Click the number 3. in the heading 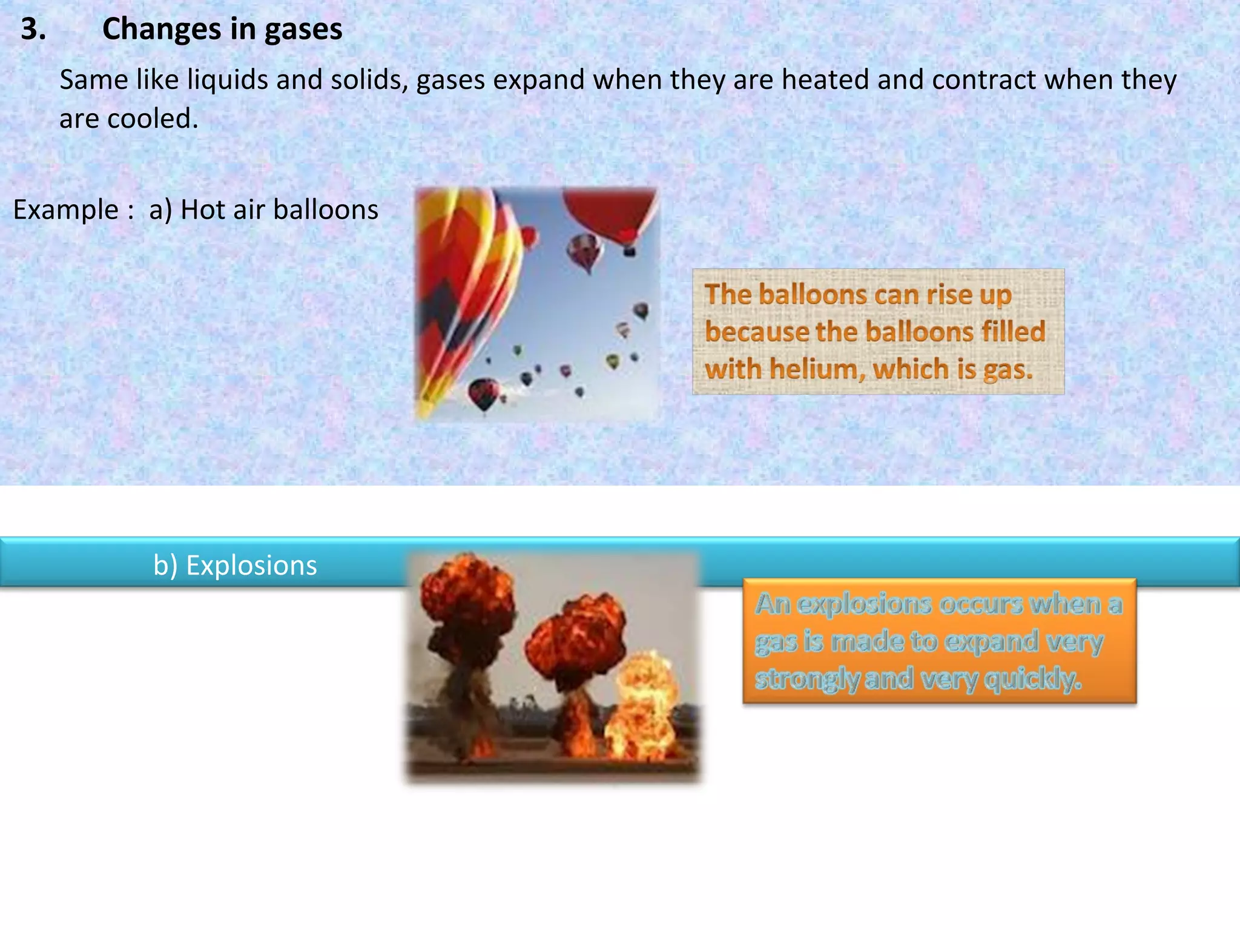pos(33,29)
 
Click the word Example pos(66,210)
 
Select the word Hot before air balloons pos(203,210)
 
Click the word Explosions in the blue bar pos(251,566)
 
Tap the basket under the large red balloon pos(630,250)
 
